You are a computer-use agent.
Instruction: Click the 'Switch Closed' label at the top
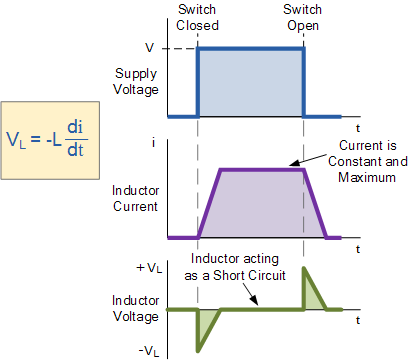coord(197,18)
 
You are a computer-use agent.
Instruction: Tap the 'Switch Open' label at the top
coord(303,18)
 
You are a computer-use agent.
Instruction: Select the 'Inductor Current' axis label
coord(135,198)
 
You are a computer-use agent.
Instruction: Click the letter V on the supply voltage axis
coord(149,48)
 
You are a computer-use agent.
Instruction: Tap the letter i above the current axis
coord(153,144)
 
